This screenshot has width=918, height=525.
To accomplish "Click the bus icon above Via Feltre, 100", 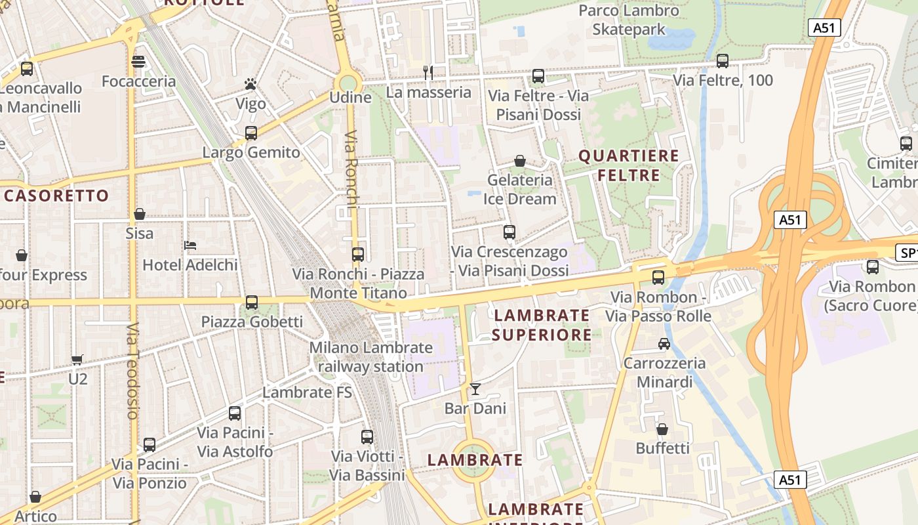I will (x=723, y=61).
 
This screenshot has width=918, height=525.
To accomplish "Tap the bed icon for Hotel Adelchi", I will (x=190, y=245).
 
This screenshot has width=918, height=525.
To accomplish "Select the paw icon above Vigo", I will (x=250, y=84).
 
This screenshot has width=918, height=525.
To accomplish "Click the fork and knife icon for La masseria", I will (x=428, y=72).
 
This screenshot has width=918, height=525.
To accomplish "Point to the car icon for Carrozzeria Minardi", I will (x=664, y=343).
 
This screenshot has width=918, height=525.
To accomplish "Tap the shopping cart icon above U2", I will (x=77, y=360).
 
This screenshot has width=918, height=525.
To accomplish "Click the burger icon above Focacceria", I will (x=138, y=62).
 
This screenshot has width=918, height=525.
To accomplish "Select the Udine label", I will (x=350, y=98).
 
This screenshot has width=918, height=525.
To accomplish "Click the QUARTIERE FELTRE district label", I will (x=628, y=165).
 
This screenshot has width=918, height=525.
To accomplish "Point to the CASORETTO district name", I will (x=56, y=196).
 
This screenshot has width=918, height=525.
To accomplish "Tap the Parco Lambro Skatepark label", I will (x=629, y=20).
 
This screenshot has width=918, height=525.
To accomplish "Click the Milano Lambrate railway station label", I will (x=371, y=357).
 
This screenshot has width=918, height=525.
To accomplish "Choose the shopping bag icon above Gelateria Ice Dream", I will (x=520, y=161).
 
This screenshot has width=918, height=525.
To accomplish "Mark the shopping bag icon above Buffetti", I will (x=662, y=429).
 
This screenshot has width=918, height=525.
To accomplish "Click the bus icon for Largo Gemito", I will (x=251, y=133).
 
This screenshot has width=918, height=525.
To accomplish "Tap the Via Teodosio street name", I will (x=133, y=371).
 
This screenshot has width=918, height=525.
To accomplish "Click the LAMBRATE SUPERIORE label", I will (x=542, y=325).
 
